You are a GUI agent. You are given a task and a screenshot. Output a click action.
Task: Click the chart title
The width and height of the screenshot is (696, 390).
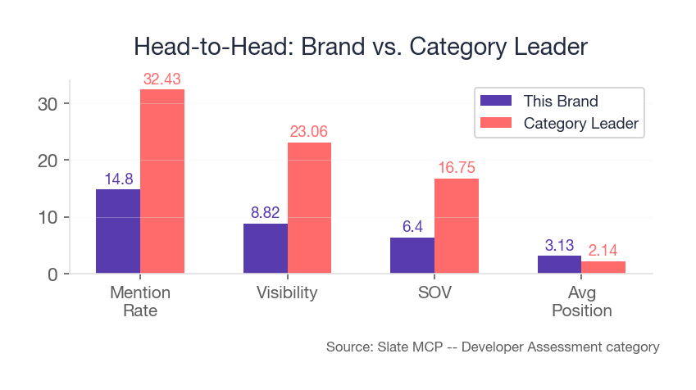tap(361, 46)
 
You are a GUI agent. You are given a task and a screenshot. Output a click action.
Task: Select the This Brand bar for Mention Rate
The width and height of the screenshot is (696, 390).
tap(118, 231)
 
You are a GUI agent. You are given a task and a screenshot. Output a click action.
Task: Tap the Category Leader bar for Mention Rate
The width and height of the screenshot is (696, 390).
tap(162, 181)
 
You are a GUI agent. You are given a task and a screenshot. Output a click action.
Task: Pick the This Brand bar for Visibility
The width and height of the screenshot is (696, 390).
tap(266, 248)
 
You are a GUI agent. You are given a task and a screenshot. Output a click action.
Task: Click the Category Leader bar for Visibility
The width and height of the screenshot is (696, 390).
tap(309, 208)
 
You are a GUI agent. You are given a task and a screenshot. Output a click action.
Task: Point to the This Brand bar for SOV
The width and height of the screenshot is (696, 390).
tap(412, 255)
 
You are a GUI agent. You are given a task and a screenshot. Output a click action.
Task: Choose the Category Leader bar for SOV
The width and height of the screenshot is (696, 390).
tap(457, 226)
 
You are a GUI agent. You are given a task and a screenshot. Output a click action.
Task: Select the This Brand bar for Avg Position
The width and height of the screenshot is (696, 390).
tap(559, 265)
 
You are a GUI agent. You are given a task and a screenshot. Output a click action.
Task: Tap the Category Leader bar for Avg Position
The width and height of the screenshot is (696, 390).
tap(603, 267)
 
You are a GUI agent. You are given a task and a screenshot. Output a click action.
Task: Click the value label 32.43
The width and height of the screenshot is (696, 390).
tap(162, 79)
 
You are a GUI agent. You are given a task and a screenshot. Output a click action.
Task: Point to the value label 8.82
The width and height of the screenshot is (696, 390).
tap(266, 213)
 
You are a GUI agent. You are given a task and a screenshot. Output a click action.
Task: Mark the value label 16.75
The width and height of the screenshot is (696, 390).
tap(457, 168)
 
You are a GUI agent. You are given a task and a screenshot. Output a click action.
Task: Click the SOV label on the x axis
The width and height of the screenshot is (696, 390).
tap(434, 292)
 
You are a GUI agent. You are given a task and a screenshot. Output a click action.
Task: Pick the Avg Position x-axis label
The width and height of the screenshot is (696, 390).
tap(581, 302)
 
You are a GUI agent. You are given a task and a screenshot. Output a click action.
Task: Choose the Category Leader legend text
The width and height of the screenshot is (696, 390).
tap(580, 124)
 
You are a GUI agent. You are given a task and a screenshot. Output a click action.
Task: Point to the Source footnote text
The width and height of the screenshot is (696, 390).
tap(492, 347)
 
